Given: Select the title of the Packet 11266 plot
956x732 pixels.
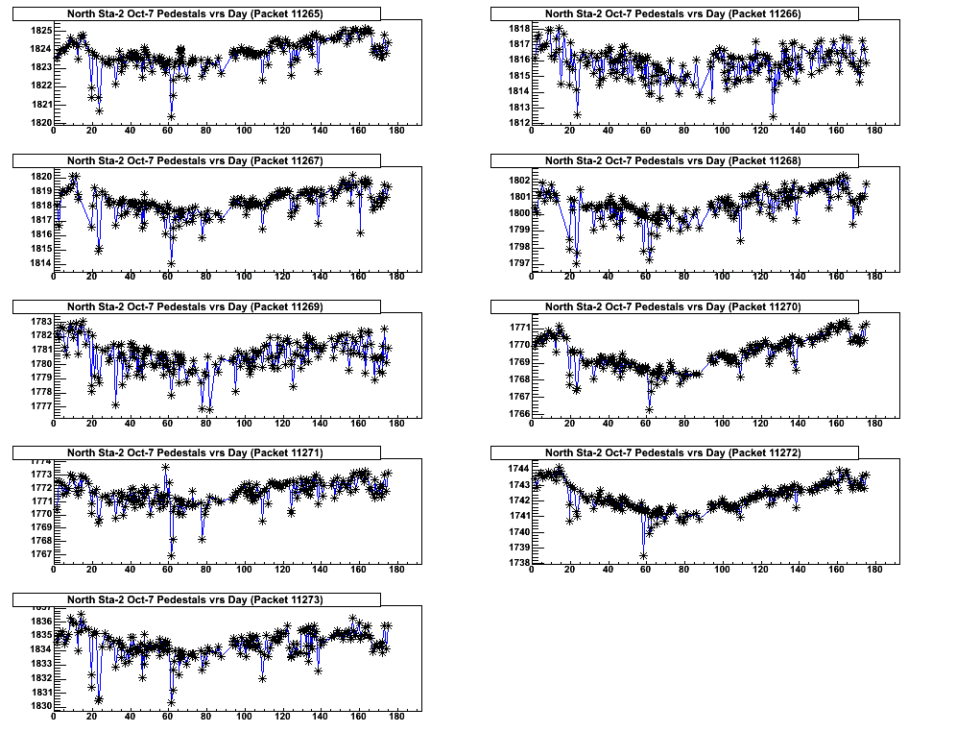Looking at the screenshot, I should point(673,13).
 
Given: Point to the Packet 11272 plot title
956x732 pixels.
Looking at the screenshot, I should point(673,452).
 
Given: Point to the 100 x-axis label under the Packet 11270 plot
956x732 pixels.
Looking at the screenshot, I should point(722,424).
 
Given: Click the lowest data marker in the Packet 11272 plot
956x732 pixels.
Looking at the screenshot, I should point(643,555).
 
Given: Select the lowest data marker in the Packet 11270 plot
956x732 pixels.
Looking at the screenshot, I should point(649,410).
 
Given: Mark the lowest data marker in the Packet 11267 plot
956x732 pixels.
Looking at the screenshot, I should point(171,263).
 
